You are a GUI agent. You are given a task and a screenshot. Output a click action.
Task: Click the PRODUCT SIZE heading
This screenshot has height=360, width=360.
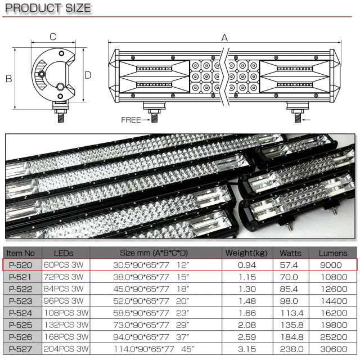click(x=48, y=8)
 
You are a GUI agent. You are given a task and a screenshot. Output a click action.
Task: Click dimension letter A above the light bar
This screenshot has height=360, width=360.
click(x=224, y=38)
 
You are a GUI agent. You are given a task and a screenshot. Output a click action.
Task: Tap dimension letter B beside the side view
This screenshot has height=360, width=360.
click(x=9, y=79)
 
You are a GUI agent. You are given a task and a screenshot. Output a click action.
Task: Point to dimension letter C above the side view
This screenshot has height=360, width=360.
click(x=52, y=37)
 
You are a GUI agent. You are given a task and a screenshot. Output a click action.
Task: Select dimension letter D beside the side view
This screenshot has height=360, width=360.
click(x=88, y=75)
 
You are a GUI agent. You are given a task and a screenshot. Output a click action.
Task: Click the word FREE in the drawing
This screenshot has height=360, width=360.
click(x=130, y=120)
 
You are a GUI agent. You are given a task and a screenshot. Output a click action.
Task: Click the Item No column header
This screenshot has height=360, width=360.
click(x=22, y=253)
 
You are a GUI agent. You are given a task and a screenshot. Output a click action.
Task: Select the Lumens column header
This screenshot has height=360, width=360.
click(x=333, y=253)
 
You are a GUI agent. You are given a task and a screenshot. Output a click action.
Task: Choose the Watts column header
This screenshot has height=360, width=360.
click(x=291, y=253)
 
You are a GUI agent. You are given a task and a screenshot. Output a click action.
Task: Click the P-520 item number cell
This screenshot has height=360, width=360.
click(x=22, y=265)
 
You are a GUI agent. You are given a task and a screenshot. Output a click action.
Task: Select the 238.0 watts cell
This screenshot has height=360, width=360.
click(x=291, y=348)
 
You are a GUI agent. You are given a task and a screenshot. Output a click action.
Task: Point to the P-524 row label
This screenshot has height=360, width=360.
click(x=22, y=313)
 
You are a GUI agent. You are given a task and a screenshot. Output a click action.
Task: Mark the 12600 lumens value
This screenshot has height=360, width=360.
click(x=333, y=289)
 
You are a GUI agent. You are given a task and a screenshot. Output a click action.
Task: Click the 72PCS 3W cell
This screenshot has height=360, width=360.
click(x=64, y=277)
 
